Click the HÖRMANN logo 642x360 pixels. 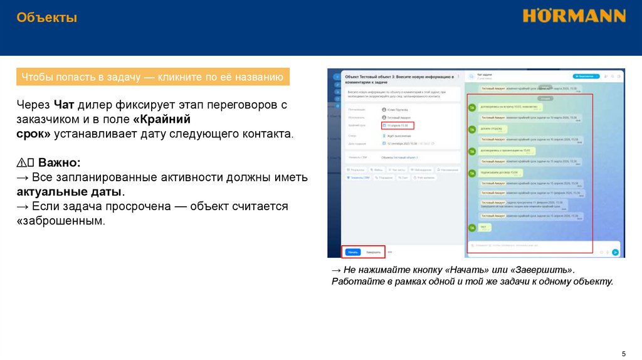tap(574, 16)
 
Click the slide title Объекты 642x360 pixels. tap(47, 18)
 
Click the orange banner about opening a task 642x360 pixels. tap(152, 77)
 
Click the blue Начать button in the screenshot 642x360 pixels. tap(353, 252)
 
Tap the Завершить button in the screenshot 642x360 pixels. tap(374, 252)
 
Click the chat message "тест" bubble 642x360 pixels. tap(483, 226)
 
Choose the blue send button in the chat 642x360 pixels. tap(615, 252)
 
